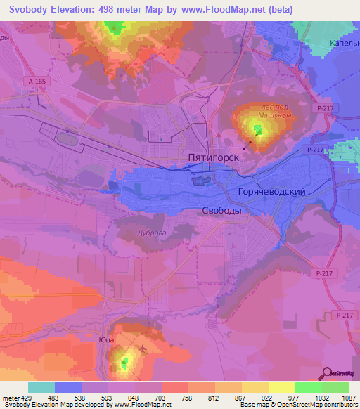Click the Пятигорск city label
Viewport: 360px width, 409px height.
[x=214, y=159]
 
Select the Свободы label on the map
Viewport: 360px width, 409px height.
[x=221, y=210]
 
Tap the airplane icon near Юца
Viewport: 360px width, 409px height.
[x=144, y=349]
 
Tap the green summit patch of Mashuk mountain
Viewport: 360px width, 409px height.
[x=258, y=129]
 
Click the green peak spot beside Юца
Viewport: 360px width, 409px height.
[x=125, y=363]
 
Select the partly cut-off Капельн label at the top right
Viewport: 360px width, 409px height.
[x=344, y=43]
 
